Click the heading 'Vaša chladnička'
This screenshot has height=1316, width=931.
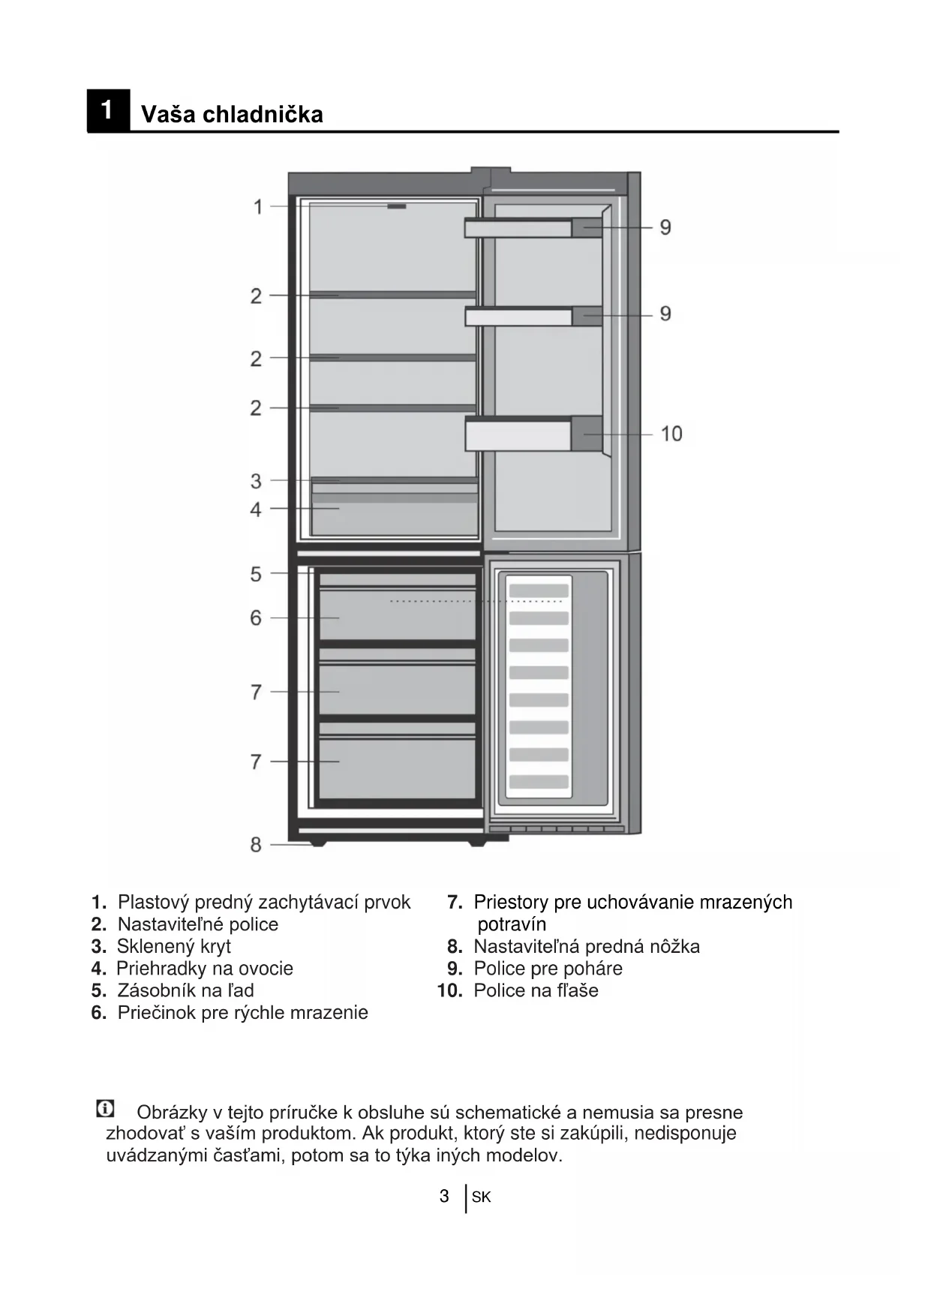coord(232,115)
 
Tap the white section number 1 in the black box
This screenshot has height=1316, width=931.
coord(107,110)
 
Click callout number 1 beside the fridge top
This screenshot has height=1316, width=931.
coord(258,206)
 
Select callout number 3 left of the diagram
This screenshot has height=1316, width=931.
coord(256,481)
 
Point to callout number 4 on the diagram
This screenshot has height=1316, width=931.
coord(256,509)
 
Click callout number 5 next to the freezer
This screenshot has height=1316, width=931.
coord(256,574)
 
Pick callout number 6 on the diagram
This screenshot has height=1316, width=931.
coord(256,618)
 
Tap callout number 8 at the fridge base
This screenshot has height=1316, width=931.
coord(256,845)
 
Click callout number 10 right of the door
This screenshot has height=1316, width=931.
coord(671,434)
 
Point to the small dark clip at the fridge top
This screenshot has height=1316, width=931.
coord(396,206)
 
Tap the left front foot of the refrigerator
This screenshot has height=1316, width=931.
coord(318,843)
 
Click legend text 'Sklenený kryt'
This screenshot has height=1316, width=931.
coord(173,946)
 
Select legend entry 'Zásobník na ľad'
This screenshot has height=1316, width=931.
coord(185,990)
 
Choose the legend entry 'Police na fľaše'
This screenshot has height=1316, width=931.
coord(536,990)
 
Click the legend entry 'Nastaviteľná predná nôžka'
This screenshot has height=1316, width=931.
coord(586,946)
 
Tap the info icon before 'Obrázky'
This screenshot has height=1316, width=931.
coord(106,1108)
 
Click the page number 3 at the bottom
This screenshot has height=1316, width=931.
coord(444,1196)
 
